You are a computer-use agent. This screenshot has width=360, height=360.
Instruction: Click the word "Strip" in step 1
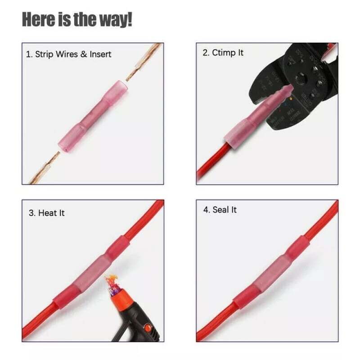(x=48, y=54)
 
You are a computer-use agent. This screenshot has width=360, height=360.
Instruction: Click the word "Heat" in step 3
(x=47, y=212)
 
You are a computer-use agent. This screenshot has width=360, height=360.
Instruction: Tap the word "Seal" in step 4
(x=220, y=210)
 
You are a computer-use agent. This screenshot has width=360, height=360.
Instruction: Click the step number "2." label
(x=206, y=53)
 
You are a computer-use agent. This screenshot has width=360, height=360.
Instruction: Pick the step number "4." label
(x=206, y=210)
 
